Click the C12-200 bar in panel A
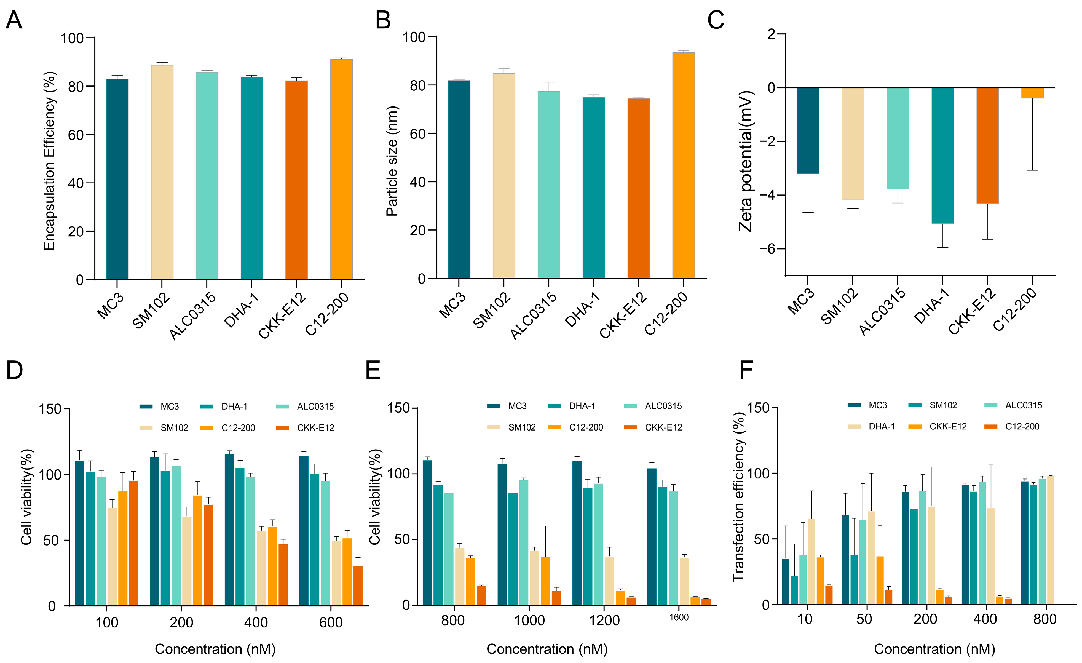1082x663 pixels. tap(341, 169)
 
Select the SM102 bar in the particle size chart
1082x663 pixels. tap(504, 176)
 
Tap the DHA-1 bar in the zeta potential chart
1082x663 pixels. tap(942, 156)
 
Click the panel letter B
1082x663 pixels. tap(383, 20)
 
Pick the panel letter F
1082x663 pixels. tap(746, 370)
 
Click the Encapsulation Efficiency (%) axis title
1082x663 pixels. tap(49, 161)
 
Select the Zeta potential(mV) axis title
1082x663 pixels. tap(746, 161)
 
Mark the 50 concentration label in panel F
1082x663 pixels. tap(864, 619)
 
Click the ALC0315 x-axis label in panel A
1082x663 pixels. tap(193, 316)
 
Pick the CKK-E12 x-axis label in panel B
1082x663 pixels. tap(623, 315)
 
